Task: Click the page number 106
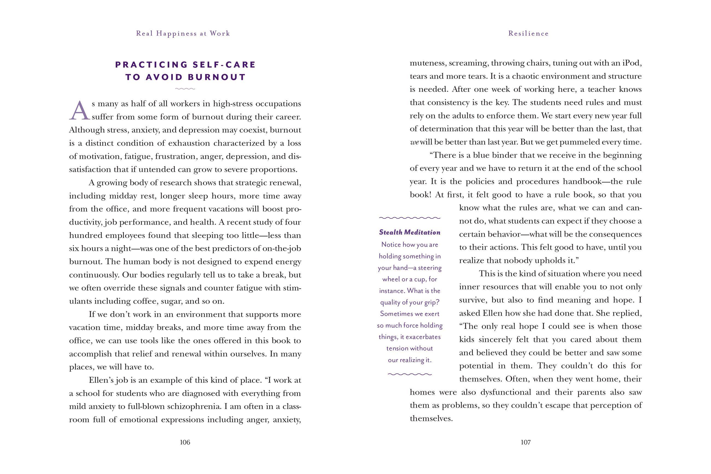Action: pyautogui.click(x=185, y=442)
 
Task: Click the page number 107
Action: pyautogui.click(x=526, y=442)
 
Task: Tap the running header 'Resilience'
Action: pyautogui.click(x=528, y=34)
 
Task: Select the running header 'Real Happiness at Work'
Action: pyautogui.click(x=183, y=34)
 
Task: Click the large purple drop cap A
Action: pyautogui.click(x=80, y=111)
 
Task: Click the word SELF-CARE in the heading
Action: pyautogui.click(x=224, y=65)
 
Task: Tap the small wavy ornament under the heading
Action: pyautogui.click(x=185, y=89)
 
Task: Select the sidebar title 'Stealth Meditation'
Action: pyautogui.click(x=409, y=232)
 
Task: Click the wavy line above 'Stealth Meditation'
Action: pyautogui.click(x=409, y=218)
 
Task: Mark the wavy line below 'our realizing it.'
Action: pyautogui.click(x=409, y=374)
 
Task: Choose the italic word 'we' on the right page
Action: pyautogui.click(x=414, y=142)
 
